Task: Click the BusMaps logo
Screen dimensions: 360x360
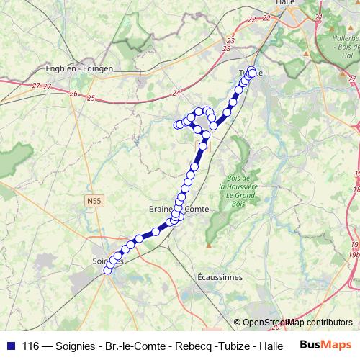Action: click(x=323, y=344)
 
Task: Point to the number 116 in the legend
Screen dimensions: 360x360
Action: click(x=31, y=346)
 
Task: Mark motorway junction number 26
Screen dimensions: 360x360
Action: click(x=73, y=94)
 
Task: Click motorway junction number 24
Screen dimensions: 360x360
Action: click(x=177, y=93)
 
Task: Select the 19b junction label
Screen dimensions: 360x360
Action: click(x=354, y=254)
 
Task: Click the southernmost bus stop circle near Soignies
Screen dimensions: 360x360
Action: click(x=108, y=270)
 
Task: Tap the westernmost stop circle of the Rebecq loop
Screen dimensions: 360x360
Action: click(x=177, y=125)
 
